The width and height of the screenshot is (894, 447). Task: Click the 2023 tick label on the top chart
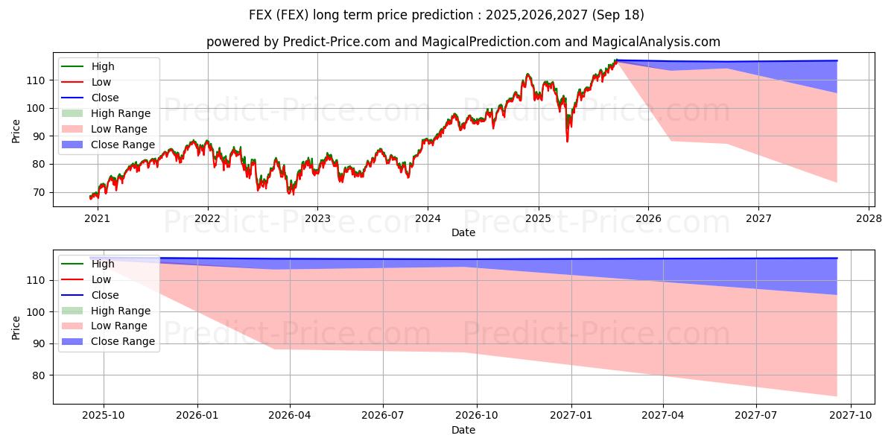click(x=317, y=218)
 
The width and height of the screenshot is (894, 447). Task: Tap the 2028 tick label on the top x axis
click(x=869, y=218)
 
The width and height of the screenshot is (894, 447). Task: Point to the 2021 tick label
click(x=97, y=218)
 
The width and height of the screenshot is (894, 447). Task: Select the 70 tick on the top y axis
click(x=39, y=192)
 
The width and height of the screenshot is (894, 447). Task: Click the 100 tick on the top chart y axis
click(x=36, y=108)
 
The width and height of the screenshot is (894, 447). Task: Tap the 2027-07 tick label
click(x=756, y=416)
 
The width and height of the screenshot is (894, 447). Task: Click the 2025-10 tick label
click(x=104, y=416)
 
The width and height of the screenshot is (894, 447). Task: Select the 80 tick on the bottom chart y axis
click(x=39, y=375)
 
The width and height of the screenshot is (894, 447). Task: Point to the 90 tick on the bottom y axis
click(x=39, y=343)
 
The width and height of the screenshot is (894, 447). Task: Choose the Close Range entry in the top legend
click(x=123, y=145)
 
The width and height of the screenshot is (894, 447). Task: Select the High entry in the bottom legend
click(x=103, y=264)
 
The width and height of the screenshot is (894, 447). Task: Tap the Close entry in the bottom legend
click(x=104, y=295)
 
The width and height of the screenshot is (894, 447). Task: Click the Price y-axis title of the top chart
click(x=16, y=131)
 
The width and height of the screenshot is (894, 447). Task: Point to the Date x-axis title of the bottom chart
click(x=463, y=430)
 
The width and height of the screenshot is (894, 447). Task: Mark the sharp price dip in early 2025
click(x=567, y=140)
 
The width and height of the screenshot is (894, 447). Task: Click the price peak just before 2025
click(x=527, y=74)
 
